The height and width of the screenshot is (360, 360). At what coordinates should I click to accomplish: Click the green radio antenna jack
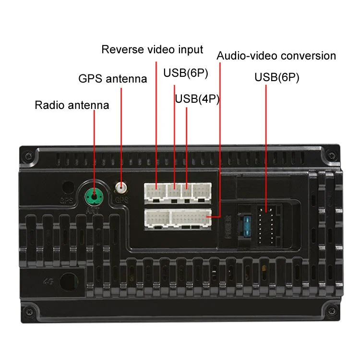[95, 195]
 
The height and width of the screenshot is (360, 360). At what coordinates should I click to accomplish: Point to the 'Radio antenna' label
[72, 105]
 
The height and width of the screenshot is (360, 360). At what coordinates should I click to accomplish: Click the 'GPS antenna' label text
[112, 79]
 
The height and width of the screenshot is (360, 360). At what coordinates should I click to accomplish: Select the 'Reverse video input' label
[152, 49]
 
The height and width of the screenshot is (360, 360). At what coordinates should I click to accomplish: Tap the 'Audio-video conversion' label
[276, 56]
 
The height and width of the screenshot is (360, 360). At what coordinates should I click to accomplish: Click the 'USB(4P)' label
[197, 99]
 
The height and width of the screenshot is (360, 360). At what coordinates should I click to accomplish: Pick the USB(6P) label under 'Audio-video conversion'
[276, 77]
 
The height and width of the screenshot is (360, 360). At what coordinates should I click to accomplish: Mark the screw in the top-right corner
[331, 156]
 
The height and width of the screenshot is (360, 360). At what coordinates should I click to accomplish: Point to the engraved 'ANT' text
[94, 208]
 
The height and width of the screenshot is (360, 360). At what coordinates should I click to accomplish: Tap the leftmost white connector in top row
[155, 192]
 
